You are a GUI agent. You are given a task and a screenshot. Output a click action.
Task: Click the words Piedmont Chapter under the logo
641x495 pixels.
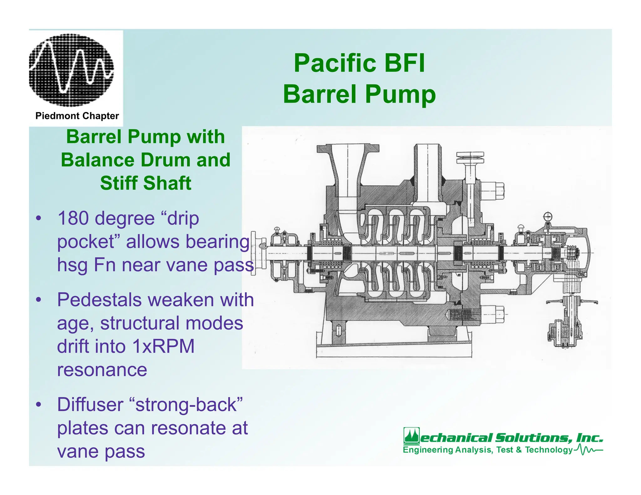click(77, 116)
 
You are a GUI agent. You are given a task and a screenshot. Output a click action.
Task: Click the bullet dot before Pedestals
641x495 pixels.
click(38, 300)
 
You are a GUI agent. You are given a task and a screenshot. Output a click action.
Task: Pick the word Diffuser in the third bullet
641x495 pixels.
click(90, 404)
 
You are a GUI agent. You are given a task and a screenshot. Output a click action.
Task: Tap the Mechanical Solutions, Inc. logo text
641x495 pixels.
click(503, 437)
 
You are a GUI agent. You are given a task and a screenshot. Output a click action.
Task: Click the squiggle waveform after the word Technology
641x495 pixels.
click(588, 450)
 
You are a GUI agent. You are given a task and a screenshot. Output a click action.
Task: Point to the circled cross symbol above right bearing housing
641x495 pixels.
click(548, 216)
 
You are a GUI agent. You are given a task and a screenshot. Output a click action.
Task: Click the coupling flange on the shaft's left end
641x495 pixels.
click(254, 253)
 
